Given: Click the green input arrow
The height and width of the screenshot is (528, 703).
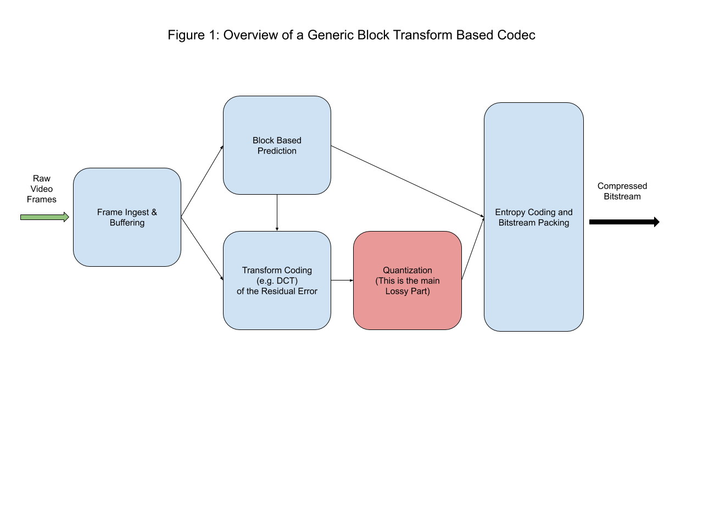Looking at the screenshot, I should point(44,217).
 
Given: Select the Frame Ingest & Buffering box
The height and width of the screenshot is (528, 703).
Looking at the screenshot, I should point(127,242).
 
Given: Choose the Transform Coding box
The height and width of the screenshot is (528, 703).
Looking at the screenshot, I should point(277,311).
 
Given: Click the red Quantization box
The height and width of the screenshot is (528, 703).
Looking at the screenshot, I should point(408,311).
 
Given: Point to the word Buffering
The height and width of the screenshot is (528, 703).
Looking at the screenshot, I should point(127,223).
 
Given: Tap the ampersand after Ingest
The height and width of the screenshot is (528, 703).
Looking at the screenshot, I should point(154,212).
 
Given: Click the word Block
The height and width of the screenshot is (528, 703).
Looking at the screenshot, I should point(264,140).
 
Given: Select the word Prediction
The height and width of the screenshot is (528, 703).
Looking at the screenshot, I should point(277,151).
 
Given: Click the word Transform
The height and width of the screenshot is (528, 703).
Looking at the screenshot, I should point(262,270).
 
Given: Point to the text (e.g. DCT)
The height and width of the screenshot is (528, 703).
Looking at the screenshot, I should point(277,280).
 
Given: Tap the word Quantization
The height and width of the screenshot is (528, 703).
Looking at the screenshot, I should point(408,270).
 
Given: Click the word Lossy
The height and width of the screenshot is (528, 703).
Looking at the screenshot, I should point(397,291).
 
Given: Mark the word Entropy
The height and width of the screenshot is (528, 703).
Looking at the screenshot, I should point(510,212).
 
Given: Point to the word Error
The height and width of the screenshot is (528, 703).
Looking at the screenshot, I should point(307,291).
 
